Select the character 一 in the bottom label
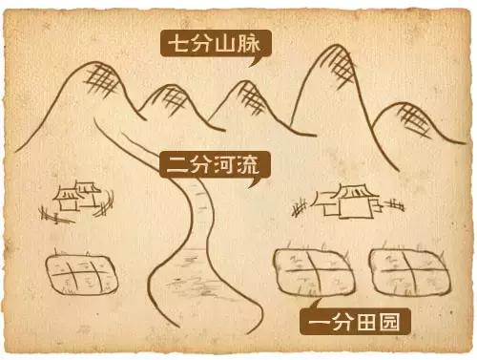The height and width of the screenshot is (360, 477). coord(317,322)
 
